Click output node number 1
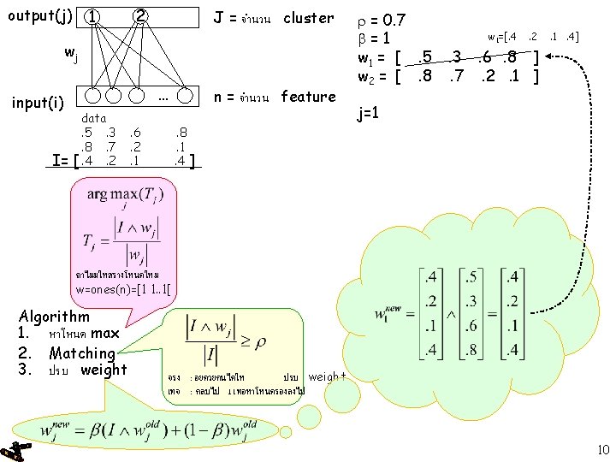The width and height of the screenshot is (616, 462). tap(93, 17)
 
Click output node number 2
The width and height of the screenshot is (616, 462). tap(140, 17)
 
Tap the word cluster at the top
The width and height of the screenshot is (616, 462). tap(309, 17)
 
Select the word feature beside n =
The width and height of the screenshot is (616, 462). tap(308, 97)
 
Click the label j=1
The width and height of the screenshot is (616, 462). tap(370, 113)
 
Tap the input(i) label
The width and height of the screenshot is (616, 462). tap(38, 104)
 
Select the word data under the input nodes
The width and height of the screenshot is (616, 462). tap(93, 118)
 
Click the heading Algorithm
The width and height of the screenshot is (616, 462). tap(54, 317)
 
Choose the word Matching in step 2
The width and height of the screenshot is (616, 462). tap(82, 352)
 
